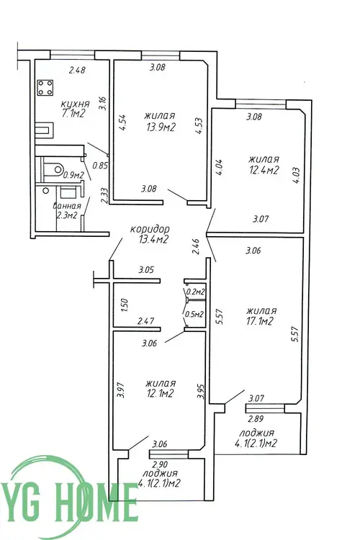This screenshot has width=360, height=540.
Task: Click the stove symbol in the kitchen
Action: [45, 87]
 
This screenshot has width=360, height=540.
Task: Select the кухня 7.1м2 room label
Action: [74, 109]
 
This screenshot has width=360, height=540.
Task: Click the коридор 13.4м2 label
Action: [151, 234]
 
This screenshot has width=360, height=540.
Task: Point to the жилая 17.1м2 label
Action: [261, 316]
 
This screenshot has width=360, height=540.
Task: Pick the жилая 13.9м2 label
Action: [160, 122]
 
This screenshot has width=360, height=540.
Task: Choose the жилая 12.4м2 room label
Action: [264, 165]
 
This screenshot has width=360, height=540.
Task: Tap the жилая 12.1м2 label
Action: [160, 389]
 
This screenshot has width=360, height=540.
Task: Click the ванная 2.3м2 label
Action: [67, 210]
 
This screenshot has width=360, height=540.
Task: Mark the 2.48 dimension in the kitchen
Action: [77, 71]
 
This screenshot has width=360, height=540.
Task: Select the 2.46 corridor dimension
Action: [196, 246]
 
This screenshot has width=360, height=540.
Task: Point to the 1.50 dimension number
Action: [125, 305]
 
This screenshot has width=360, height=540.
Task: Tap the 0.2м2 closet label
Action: [195, 292]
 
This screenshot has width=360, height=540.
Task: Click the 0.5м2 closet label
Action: [194, 314]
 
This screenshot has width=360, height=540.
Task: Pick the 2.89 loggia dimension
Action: [256, 419]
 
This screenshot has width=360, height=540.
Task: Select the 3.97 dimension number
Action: [120, 390]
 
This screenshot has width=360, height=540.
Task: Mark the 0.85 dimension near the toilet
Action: [100, 166]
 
